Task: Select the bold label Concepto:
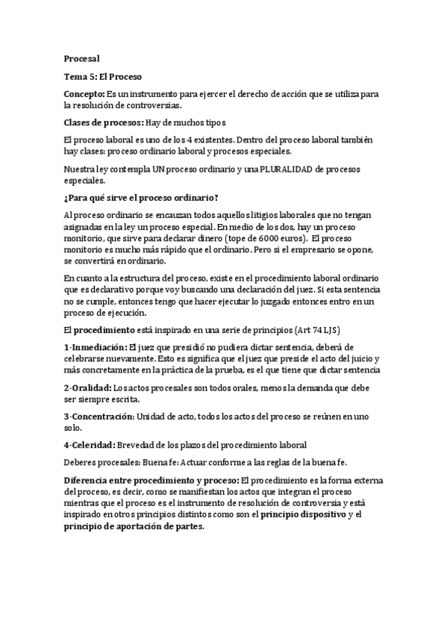point(84,94)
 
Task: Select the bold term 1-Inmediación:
point(96,347)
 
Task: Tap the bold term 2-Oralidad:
point(88,388)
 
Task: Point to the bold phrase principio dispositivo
point(302,514)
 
